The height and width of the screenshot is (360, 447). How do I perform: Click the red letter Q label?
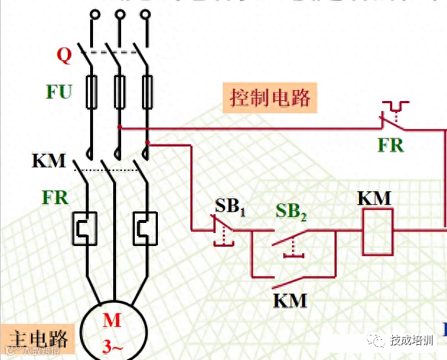(x=64, y=56)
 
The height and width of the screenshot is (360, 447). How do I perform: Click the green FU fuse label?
(x=59, y=92)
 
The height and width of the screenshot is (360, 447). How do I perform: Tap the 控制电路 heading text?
(x=270, y=97)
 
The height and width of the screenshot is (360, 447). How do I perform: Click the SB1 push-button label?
(x=231, y=207)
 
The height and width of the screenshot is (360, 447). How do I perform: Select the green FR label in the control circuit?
(x=391, y=145)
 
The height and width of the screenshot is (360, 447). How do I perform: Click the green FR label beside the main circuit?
(x=54, y=196)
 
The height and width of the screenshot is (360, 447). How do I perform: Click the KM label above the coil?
(x=374, y=197)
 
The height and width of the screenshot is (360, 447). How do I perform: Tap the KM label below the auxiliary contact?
(x=290, y=299)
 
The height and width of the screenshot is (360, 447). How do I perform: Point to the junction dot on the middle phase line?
(x=118, y=128)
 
